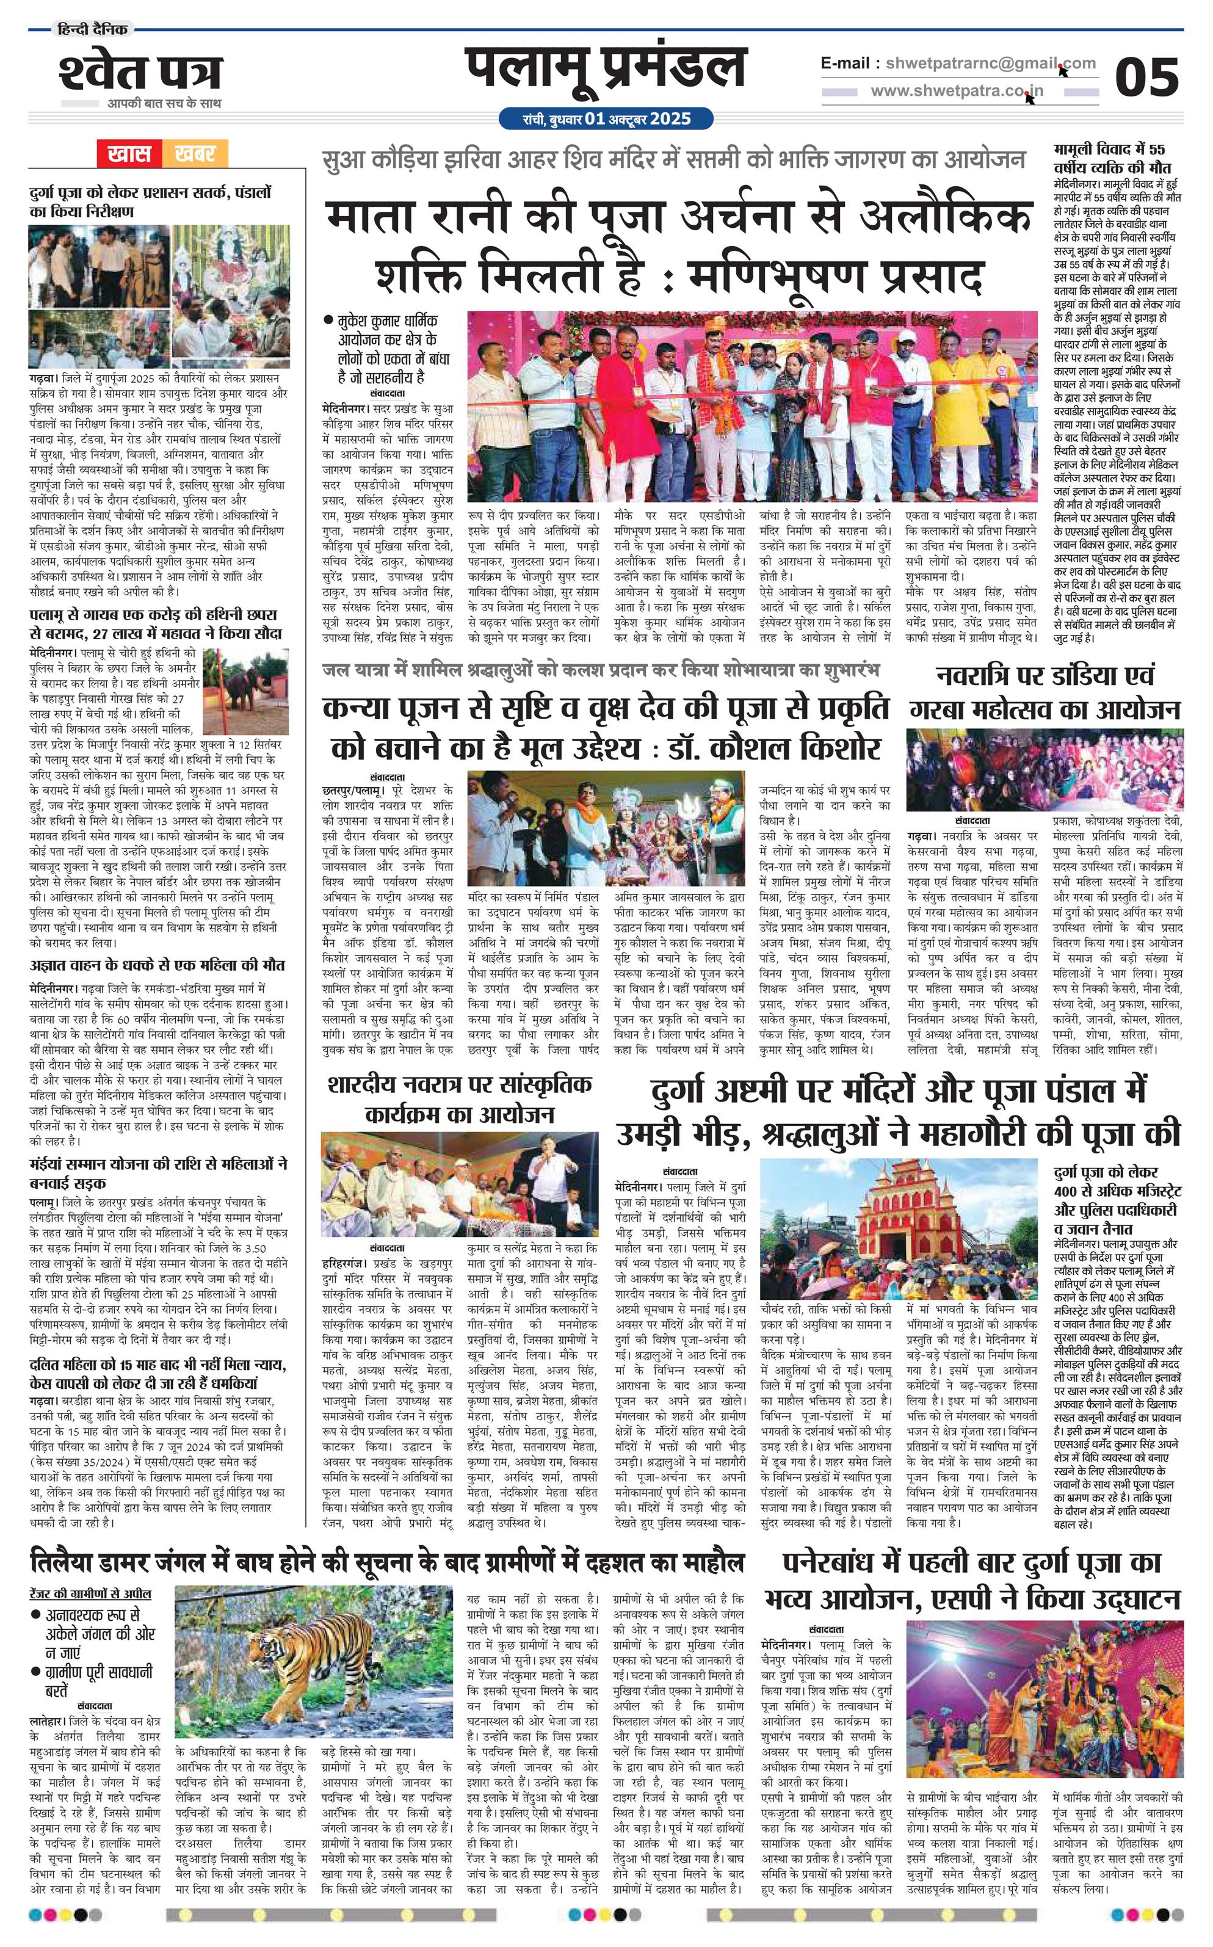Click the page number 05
(1146, 77)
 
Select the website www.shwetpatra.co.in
(957, 92)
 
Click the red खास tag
(128, 153)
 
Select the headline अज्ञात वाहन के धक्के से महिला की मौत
(158, 965)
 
